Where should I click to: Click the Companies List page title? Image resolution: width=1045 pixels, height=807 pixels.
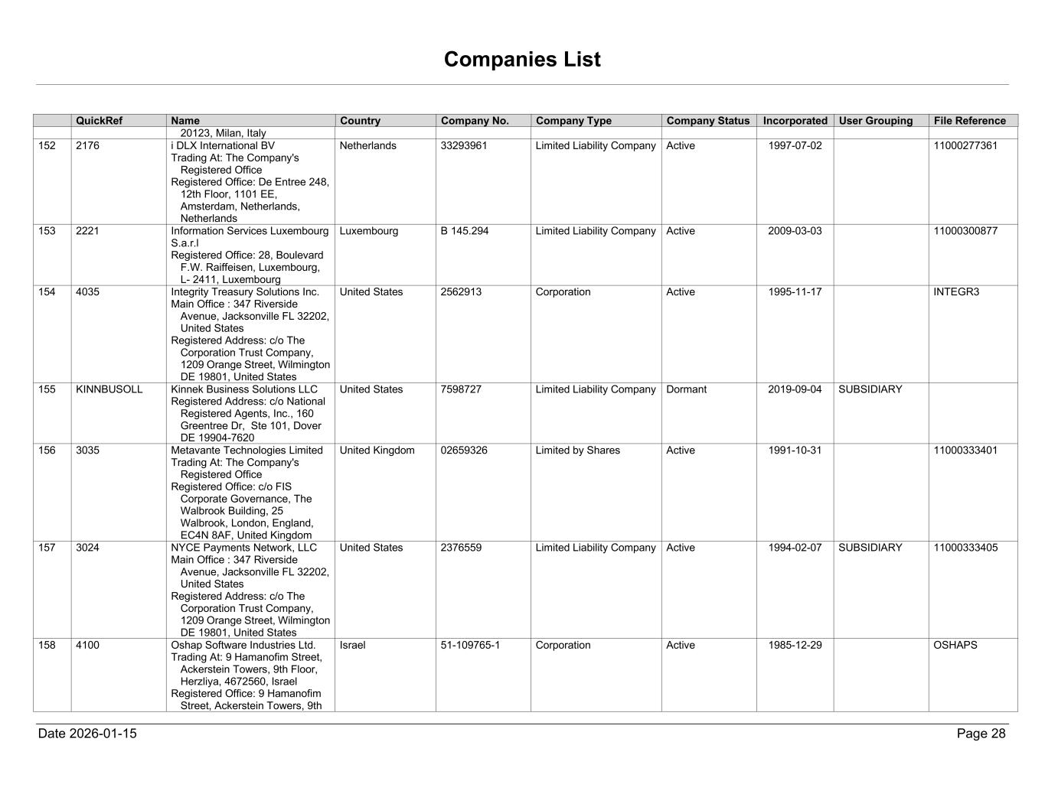pos(522,60)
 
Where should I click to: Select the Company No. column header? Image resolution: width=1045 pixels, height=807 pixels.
pos(475,121)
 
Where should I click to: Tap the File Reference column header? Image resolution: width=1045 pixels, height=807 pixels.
pos(969,121)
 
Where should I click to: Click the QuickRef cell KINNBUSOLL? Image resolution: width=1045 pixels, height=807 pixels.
pos(109,389)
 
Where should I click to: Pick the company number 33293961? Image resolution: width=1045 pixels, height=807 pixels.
pos(464,146)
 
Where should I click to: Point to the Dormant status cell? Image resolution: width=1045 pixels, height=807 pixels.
pos(687,389)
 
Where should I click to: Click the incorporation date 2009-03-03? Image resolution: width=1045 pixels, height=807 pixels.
pos(795,231)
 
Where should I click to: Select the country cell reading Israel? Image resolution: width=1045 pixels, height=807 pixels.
pos(353,646)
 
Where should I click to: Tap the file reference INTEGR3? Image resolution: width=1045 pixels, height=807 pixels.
pos(956,292)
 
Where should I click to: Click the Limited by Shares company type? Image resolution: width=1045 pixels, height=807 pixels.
pos(577,451)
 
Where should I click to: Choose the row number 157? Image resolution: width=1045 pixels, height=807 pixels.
pos(47,548)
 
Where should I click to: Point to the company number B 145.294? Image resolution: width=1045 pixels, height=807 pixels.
pos(465,231)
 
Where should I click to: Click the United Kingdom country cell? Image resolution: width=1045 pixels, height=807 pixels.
pos(377,451)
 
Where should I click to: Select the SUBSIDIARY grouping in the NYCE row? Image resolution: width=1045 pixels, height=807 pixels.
pos(870,548)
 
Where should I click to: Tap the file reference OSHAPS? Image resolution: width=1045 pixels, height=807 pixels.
pos(955,646)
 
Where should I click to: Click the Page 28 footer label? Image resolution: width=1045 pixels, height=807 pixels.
pos(981,734)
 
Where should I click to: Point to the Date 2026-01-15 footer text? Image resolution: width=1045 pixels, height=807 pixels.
pos(87,734)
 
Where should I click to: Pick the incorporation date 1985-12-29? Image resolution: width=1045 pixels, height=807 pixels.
pos(795,646)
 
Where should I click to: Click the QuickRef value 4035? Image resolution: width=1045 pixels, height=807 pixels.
pos(87,292)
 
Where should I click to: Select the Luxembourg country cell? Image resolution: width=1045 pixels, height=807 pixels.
pos(369,231)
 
